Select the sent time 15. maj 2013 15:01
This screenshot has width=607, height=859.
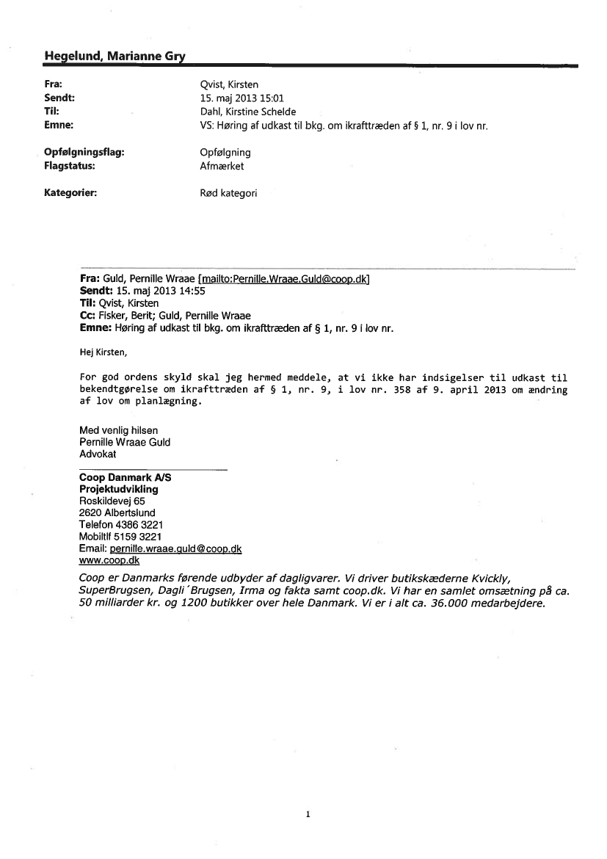coord(232,98)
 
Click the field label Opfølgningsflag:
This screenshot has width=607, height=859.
coord(84,152)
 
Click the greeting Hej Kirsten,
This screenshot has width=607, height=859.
coord(103,352)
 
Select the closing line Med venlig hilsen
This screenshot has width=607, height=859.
coord(118,430)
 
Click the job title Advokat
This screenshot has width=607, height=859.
coord(98,454)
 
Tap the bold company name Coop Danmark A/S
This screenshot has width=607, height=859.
coord(125,477)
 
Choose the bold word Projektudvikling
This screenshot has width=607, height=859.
coord(118,489)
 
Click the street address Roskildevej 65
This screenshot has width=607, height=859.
coord(112,501)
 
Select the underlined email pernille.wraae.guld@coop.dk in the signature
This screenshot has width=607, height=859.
coord(175,548)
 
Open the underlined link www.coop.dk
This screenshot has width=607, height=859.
coord(109,560)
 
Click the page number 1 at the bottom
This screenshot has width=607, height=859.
coord(308,814)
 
